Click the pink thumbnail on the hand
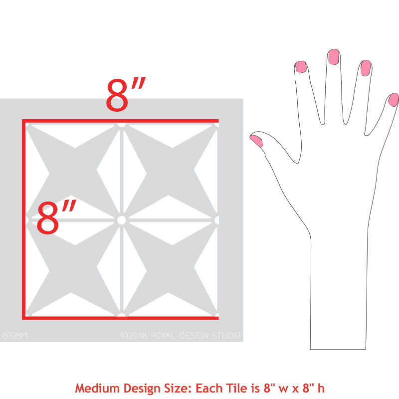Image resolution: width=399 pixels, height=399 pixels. pyautogui.click(x=257, y=140)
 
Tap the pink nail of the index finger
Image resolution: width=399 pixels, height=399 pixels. pyautogui.click(x=301, y=66)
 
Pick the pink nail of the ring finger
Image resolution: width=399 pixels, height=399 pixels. pyautogui.click(x=366, y=67)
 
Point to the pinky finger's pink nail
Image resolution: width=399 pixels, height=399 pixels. pyautogui.click(x=394, y=100)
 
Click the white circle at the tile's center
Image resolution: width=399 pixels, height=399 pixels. pyautogui.click(x=121, y=219)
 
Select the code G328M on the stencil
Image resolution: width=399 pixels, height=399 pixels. pyautogui.click(x=15, y=335)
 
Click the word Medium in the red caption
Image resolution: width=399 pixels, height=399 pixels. pyautogui.click(x=95, y=388)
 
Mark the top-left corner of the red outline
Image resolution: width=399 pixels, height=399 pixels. pyautogui.click(x=23, y=121)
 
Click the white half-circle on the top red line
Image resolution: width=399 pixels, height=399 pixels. pyautogui.click(x=121, y=123)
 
